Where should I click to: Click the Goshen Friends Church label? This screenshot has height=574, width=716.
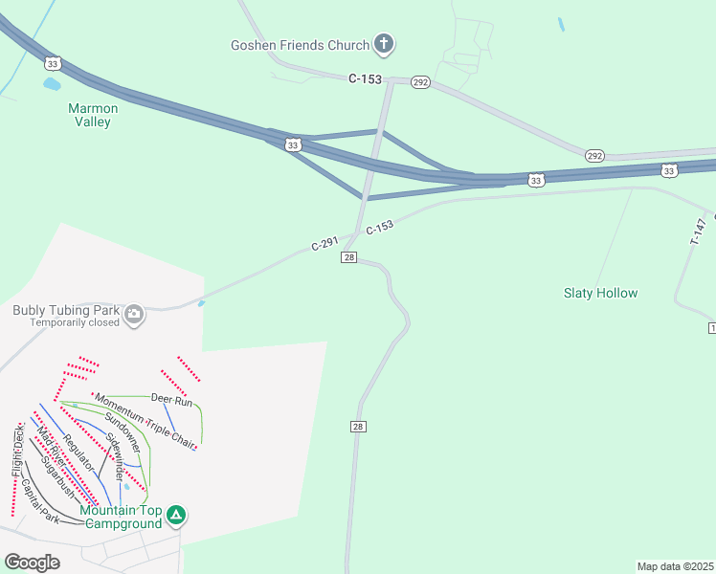click(x=300, y=45)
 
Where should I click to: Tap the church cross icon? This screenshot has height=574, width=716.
click(x=384, y=43)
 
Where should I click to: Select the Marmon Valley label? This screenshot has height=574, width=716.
click(x=93, y=115)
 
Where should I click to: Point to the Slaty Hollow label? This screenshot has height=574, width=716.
click(x=600, y=293)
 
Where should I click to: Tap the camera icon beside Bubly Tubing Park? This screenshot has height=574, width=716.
click(x=135, y=313)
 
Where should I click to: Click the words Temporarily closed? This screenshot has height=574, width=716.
click(x=75, y=322)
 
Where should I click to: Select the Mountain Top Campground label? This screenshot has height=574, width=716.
click(x=121, y=517)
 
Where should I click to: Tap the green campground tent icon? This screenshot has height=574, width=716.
click(x=176, y=516)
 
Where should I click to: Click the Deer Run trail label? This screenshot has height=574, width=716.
click(x=171, y=399)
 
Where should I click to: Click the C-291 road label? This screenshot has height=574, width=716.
click(x=324, y=245)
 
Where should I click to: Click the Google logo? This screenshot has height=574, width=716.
click(x=32, y=563)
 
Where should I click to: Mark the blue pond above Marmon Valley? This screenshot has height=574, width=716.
click(x=52, y=84)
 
